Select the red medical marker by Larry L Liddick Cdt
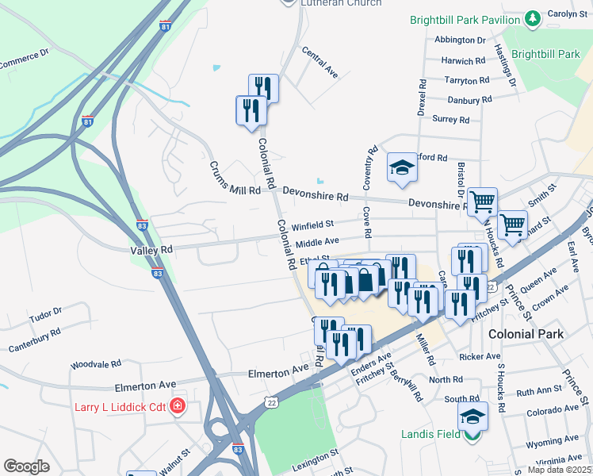pyautogui.click(x=178, y=407)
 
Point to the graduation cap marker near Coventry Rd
pyautogui.click(x=401, y=167)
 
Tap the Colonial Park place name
pyautogui.click(x=526, y=334)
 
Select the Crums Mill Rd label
pyautogui.click(x=235, y=179)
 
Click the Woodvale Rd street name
pyautogui.click(x=95, y=364)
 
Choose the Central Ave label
pyautogui.click(x=319, y=61)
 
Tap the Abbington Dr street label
pyautogui.click(x=460, y=40)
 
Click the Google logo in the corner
pyautogui.click(x=26, y=466)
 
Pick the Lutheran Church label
pyautogui.click(x=341, y=3)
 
